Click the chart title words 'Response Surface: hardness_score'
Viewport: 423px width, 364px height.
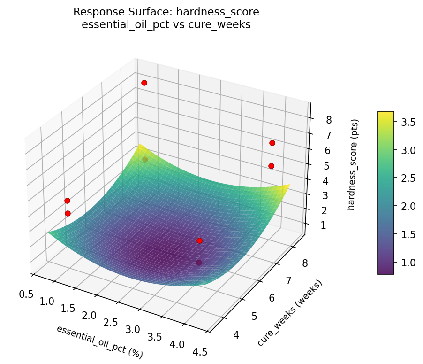tap(166, 12)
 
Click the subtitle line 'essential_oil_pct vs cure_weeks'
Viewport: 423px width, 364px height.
tap(166, 25)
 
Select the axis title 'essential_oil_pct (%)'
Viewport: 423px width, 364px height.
tap(99, 341)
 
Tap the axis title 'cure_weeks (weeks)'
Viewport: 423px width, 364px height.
tap(290, 313)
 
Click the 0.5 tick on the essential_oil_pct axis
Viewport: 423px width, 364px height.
tap(26, 294)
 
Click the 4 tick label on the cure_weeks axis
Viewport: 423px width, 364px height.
tap(235, 335)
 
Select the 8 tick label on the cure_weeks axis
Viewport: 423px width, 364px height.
tap(305, 263)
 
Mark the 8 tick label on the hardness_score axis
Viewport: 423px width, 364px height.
tap(329, 120)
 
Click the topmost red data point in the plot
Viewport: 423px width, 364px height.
tap(144, 83)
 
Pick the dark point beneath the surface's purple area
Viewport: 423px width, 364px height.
tap(199, 263)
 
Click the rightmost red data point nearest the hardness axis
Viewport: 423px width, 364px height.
tap(272, 143)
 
